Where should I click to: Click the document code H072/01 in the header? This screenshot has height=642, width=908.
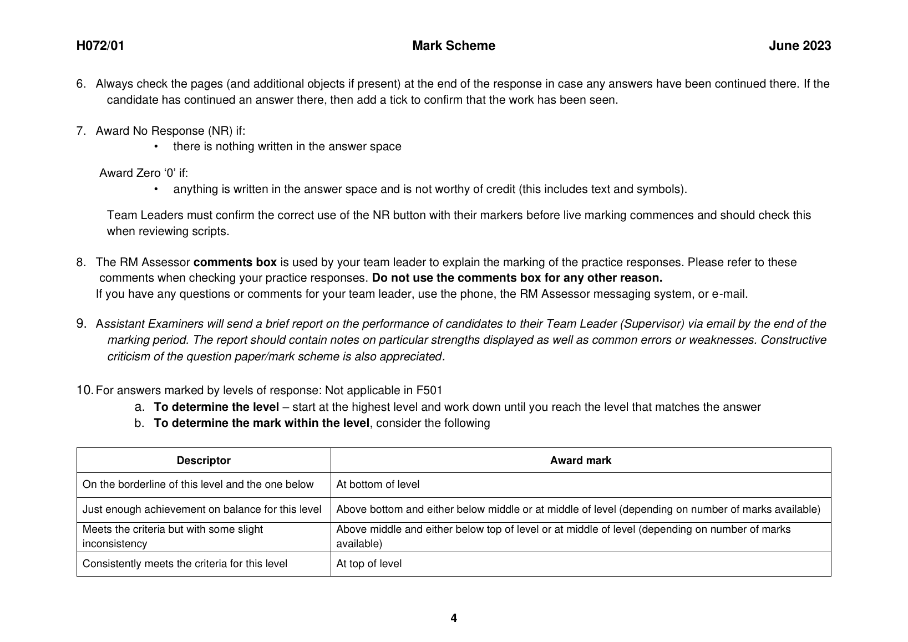click(x=100, y=46)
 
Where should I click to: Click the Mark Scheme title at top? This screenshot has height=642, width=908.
click(x=454, y=46)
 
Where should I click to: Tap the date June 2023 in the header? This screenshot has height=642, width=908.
click(x=799, y=46)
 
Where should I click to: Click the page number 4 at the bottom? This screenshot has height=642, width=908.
click(x=454, y=618)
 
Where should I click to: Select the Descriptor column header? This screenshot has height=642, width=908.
click(x=204, y=461)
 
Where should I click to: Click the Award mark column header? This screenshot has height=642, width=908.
click(x=580, y=461)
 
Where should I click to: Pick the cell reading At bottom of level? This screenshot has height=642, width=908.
click(x=378, y=485)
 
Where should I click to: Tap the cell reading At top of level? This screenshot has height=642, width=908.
click(x=369, y=564)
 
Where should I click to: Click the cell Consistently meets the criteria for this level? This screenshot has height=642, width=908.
click(x=185, y=564)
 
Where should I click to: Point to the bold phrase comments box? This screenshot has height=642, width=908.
click(x=235, y=262)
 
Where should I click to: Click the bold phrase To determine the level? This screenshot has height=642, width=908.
click(x=216, y=407)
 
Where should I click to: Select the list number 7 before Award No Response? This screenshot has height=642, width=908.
click(x=81, y=131)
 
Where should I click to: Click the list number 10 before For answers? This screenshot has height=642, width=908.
click(x=84, y=390)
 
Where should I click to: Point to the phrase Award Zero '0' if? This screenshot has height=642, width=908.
click(x=144, y=173)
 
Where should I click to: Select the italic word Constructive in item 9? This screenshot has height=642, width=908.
click(x=793, y=340)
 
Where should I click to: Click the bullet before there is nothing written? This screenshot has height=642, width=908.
click(x=156, y=146)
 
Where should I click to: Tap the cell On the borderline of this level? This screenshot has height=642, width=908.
click(x=198, y=485)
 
